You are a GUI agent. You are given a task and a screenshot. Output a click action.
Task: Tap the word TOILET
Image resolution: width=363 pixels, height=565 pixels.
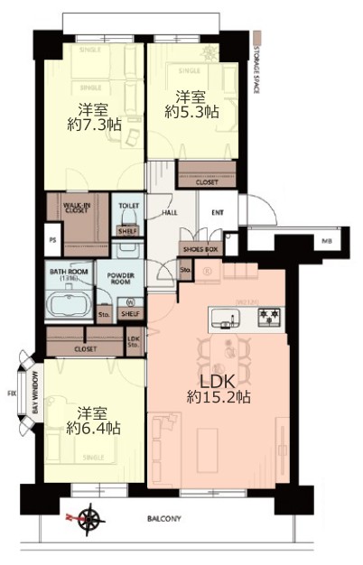click(129, 206)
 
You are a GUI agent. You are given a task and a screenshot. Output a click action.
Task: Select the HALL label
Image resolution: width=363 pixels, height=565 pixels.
click(169, 213)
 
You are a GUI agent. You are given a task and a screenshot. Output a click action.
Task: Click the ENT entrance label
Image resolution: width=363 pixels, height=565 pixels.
click(217, 213)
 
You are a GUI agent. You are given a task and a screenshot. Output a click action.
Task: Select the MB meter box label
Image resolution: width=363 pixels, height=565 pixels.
click(323, 241)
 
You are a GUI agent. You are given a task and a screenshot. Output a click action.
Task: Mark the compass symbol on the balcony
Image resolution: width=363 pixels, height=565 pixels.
click(89, 518)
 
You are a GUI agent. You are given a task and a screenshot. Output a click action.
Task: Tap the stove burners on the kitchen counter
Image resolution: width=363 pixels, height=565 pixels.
click(270, 318)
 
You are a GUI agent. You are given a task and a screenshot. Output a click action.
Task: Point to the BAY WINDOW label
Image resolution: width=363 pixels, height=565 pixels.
click(35, 394)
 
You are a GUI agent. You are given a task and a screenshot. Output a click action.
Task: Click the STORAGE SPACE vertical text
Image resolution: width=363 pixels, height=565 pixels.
click(258, 68)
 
